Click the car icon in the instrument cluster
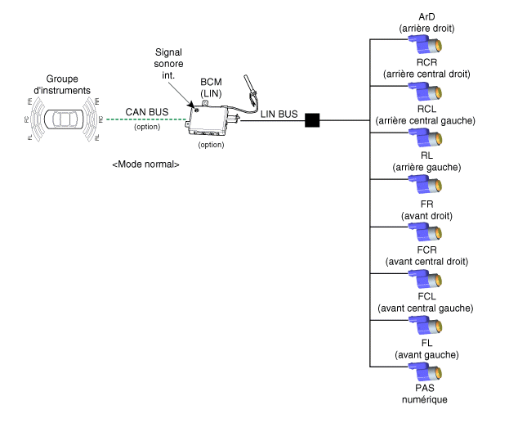coord(62,119)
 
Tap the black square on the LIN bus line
coord(312,120)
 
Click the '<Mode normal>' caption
coord(145,164)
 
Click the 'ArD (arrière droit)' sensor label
coord(426,23)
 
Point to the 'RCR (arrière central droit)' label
coord(426,68)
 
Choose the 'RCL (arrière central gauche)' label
coord(426,115)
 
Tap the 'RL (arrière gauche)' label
coord(426,161)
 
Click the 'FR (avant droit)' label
coord(426,209)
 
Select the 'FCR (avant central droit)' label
coord(426,254)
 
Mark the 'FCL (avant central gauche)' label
coord(426,301)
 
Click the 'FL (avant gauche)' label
coord(426,348)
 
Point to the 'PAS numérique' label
coord(426,394)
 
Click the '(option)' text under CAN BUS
coord(146,128)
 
